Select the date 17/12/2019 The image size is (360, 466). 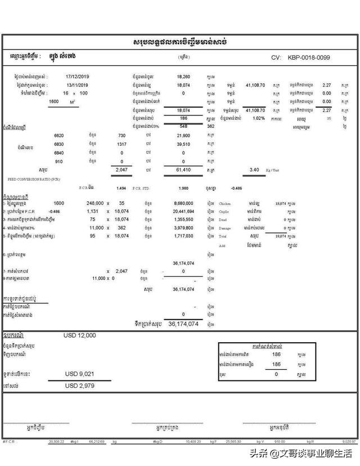tap(77, 75)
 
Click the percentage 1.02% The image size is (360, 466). tap(258, 118)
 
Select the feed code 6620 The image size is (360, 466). tap(59, 136)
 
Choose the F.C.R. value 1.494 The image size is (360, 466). tap(121, 189)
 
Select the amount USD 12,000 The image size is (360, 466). tap(80, 335)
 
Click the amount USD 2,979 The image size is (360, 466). tap(80, 385)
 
